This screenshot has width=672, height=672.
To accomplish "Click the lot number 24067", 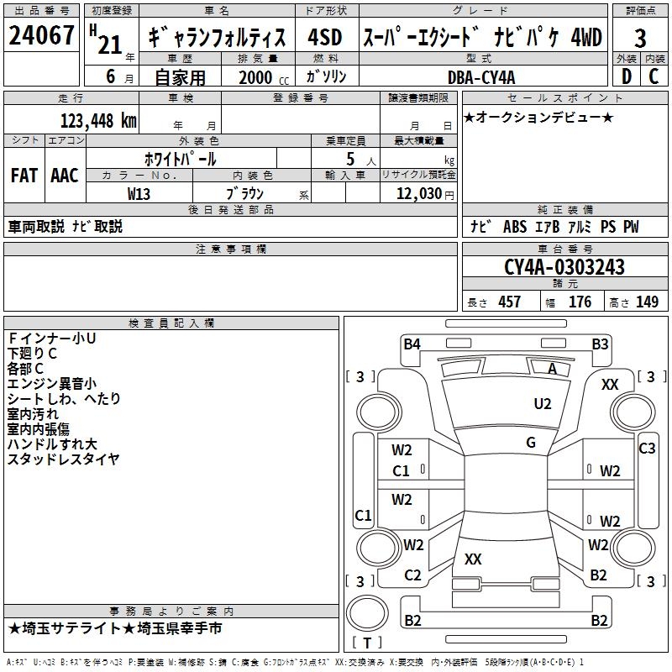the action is click(41, 35).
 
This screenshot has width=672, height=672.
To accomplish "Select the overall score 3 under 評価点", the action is click(640, 39).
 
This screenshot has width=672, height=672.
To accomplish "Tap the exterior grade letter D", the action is click(627, 76).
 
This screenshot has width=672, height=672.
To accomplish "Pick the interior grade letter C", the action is click(654, 76).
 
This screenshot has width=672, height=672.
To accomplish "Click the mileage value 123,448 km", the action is click(98, 121).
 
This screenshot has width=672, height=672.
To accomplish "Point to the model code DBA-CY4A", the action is click(481, 77).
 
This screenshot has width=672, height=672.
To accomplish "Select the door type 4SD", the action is click(325, 37).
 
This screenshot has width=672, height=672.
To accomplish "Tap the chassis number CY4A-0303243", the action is click(564, 267).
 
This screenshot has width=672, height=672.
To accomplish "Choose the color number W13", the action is click(139, 194).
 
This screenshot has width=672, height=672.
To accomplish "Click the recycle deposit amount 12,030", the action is click(419, 194).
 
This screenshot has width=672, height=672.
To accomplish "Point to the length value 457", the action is click(510, 302).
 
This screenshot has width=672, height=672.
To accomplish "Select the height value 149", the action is click(647, 302).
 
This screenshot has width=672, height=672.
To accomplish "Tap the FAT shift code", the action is click(24, 176).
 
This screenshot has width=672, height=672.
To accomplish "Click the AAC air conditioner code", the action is click(65, 176).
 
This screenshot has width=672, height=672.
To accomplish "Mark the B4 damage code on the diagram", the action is click(412, 344).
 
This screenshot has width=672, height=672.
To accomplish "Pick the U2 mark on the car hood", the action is click(543, 404).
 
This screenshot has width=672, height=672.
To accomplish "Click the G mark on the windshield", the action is click(531, 443).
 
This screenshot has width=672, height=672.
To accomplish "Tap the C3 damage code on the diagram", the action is click(647, 449).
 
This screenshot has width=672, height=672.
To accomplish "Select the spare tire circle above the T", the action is click(367, 613).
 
